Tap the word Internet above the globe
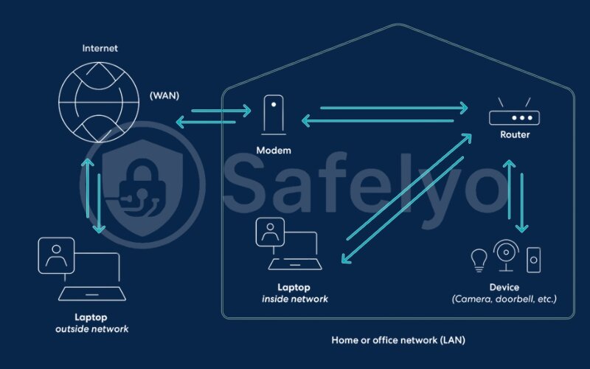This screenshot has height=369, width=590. pos(100,48)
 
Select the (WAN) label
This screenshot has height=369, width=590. pos(164,96)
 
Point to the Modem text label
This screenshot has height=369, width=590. pos(274,151)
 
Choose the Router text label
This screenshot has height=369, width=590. pos(515,135)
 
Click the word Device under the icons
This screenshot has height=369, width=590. pos(504,287)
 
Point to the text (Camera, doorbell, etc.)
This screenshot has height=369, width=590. pos(504,299)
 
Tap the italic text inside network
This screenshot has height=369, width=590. pos(294,299)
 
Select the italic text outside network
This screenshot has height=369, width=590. pos(91,328)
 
